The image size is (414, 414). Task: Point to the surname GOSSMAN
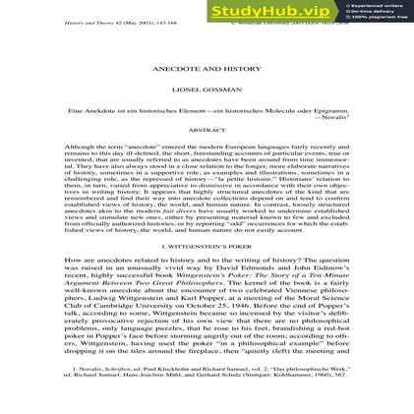(223, 89)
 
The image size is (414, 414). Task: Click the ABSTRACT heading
(207, 130)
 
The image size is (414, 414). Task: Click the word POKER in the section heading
(240, 246)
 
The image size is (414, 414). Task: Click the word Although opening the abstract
(78, 146)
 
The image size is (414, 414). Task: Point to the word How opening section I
(69, 260)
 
